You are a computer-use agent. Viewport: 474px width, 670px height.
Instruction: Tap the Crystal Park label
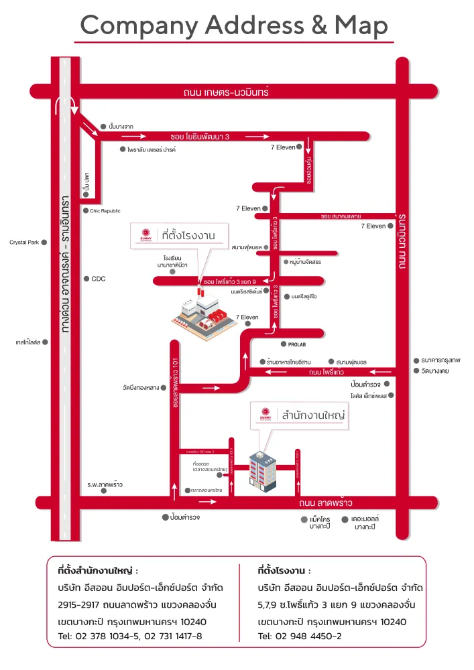[x=24, y=243]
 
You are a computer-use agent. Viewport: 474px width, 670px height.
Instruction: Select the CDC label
[x=99, y=279]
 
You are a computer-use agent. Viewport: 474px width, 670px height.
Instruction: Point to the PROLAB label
[x=297, y=344]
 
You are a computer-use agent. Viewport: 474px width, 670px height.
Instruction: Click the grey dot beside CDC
[x=86, y=279]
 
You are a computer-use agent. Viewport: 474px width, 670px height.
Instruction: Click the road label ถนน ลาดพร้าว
[x=327, y=503]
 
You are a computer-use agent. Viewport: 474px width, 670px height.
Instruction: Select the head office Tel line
[x=130, y=636]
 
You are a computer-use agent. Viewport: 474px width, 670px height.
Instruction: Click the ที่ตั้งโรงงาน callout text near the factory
[x=190, y=234]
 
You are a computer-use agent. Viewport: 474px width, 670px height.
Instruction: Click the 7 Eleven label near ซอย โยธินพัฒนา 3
[x=282, y=147]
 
